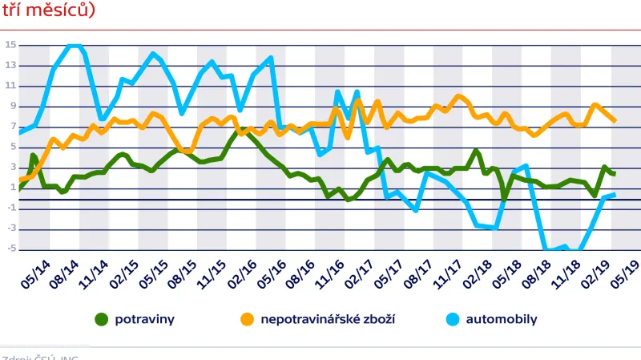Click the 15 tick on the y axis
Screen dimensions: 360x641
pyautogui.click(x=10, y=45)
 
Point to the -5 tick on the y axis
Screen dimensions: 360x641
pyautogui.click(x=10, y=249)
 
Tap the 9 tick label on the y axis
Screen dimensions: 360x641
pyautogui.click(x=12, y=106)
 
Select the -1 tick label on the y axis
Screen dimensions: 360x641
pyautogui.click(x=10, y=208)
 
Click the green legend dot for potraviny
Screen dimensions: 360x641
pyautogui.click(x=102, y=319)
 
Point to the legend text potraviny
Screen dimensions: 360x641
pyautogui.click(x=145, y=319)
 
